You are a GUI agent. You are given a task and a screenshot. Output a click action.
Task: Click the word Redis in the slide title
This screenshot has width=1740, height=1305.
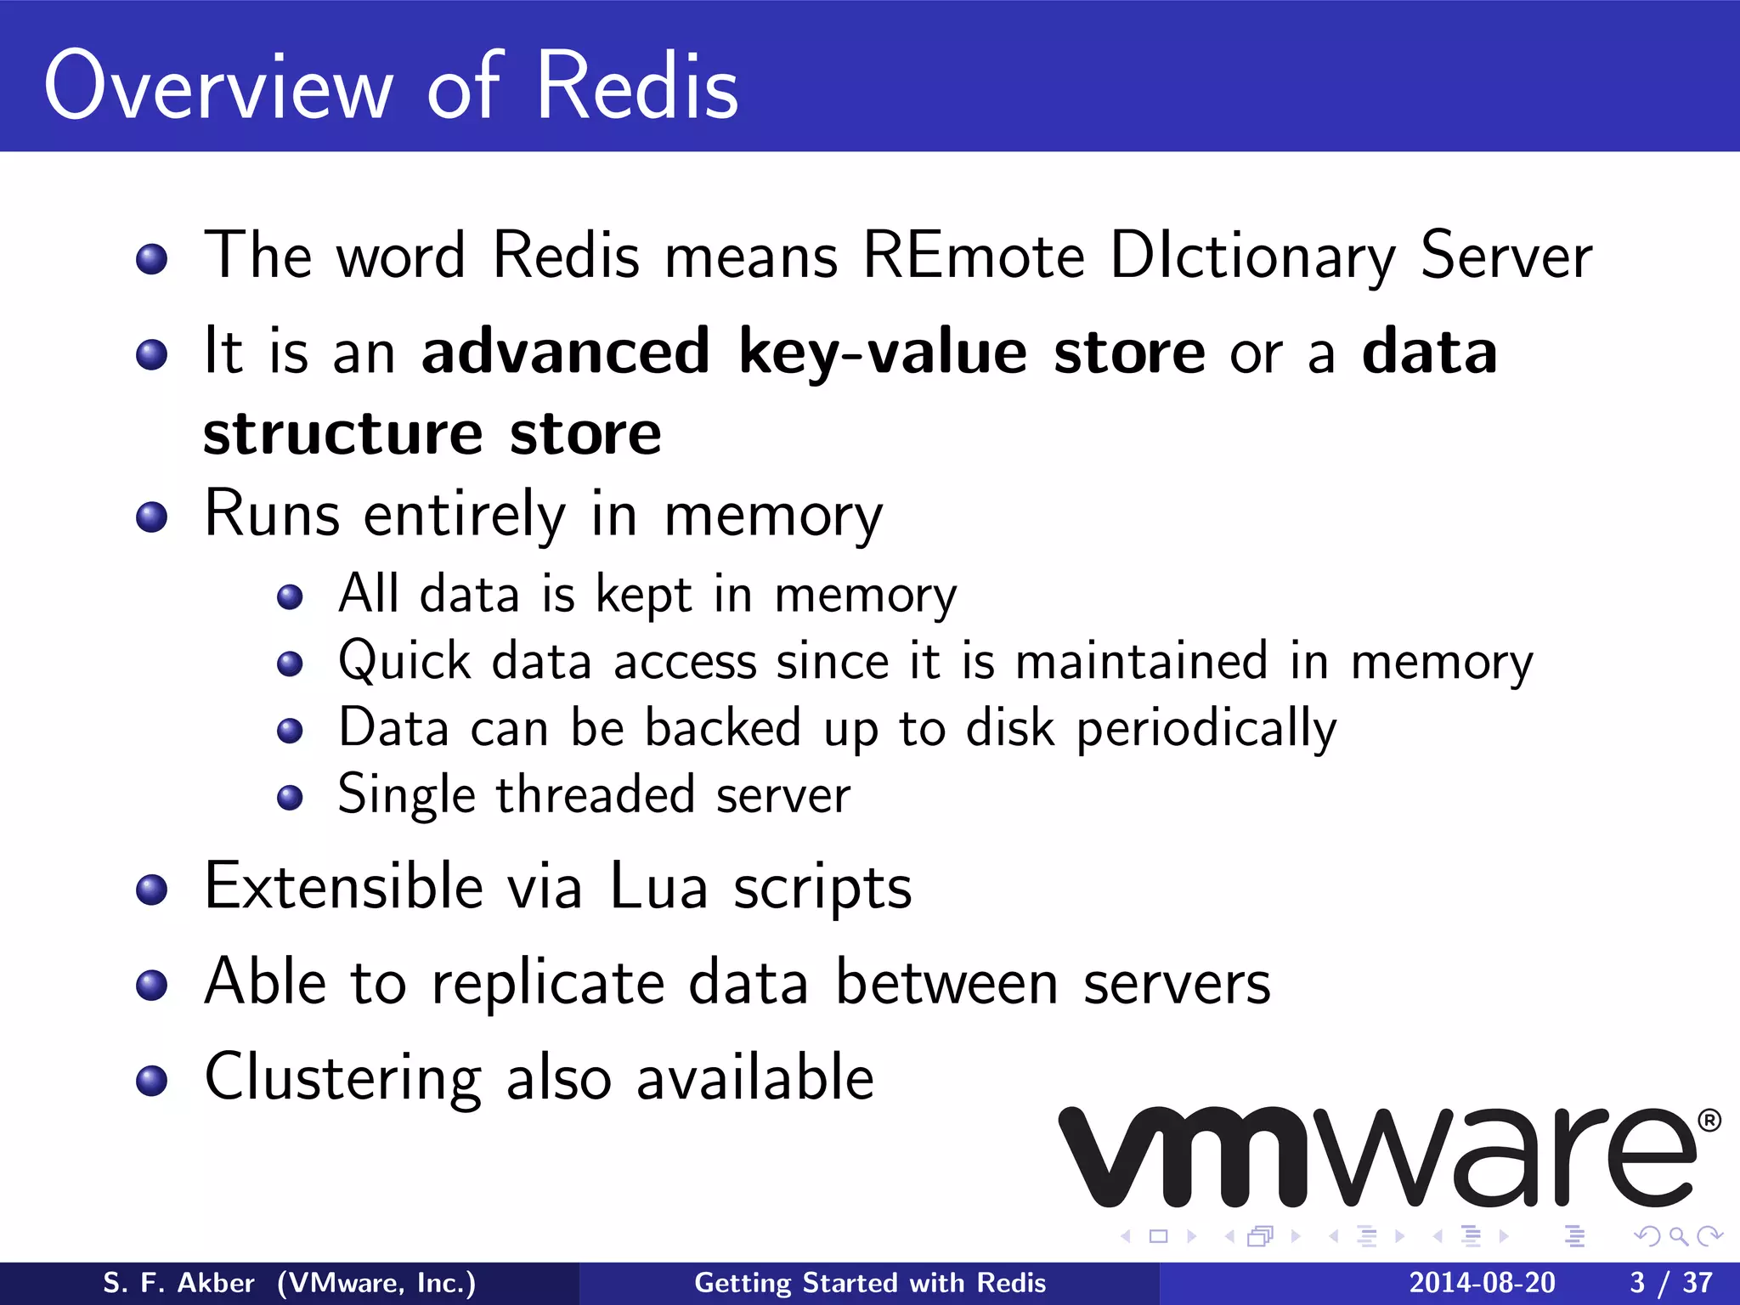pos(637,87)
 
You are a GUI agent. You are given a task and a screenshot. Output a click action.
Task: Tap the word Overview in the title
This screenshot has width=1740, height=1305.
pos(219,87)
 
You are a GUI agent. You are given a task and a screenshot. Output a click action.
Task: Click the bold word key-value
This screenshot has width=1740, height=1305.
pos(884,353)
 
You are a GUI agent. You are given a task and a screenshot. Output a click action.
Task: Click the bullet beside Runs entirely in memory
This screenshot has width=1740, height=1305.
pos(152,517)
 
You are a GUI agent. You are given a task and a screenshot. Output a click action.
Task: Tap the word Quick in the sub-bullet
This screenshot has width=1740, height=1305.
pos(404,662)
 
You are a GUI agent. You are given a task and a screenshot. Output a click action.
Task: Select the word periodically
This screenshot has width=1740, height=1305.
pos(1206,729)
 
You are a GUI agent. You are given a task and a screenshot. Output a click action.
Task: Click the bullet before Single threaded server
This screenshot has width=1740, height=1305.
pos(291,797)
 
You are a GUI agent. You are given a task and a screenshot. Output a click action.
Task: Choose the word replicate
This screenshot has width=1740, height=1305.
pos(548,983)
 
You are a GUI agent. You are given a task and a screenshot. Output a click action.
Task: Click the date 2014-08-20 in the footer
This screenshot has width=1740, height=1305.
pos(1482,1283)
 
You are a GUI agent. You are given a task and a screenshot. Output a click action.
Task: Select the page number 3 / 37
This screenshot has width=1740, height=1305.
pos(1670,1283)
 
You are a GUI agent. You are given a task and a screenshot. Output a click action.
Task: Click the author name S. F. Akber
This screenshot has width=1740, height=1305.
pos(178,1283)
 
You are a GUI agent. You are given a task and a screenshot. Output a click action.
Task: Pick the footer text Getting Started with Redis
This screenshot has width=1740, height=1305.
pos(870,1283)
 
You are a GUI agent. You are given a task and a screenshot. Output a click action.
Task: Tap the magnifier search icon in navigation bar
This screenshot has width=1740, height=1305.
pos(1678,1236)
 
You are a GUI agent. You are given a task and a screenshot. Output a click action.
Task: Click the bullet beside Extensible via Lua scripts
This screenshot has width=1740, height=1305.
pos(152,890)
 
